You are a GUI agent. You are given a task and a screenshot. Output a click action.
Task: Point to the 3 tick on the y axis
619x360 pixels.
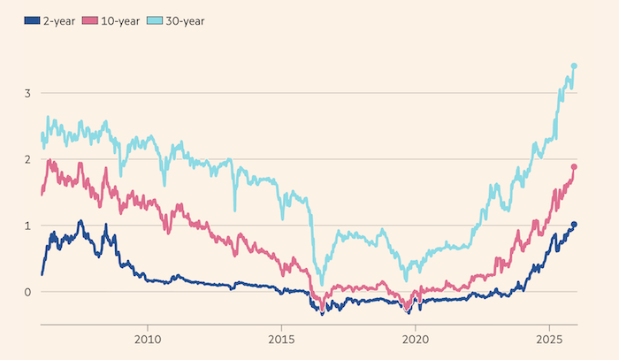[28, 93]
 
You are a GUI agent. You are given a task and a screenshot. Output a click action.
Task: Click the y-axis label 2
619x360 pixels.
[28, 159]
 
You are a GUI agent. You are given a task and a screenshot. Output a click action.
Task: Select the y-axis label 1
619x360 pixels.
[28, 226]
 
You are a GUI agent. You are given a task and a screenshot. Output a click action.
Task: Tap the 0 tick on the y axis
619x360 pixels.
[28, 292]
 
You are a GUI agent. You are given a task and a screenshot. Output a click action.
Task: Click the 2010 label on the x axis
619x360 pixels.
[147, 339]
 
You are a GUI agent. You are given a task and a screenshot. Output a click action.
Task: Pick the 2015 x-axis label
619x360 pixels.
[281, 339]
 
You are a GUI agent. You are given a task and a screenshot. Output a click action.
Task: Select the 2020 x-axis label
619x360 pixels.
[416, 339]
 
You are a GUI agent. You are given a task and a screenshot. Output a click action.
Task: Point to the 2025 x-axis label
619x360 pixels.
[550, 339]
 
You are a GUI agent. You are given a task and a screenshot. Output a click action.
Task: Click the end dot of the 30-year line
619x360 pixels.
[574, 65]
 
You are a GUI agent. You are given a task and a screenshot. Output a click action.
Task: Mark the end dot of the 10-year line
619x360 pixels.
[574, 167]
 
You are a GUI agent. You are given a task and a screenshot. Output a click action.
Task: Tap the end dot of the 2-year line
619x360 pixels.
[574, 225]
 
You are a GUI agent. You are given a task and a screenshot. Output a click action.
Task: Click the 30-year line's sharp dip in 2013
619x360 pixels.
[234, 210]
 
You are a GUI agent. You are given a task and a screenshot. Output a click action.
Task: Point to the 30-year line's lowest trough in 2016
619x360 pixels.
[322, 284]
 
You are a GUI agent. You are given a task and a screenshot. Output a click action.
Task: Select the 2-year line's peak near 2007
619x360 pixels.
[80, 221]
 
